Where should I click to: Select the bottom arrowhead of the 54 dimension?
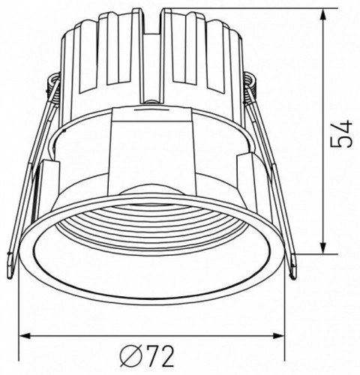(323, 252)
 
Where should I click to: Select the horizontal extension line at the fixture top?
(247, 10)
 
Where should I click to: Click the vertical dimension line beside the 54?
(323, 187)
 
